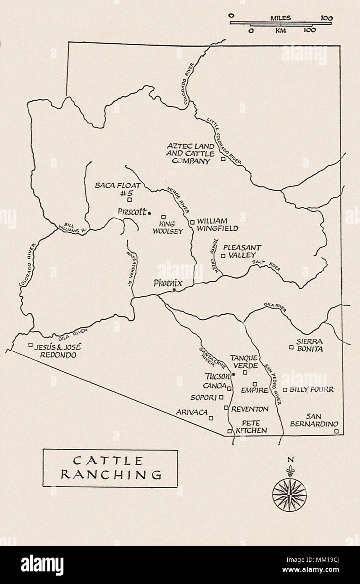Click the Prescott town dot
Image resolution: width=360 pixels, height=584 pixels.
pos(150,213)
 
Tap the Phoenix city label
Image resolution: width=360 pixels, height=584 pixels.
pos(168,283)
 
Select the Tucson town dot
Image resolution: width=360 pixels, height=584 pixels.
pos(234,374)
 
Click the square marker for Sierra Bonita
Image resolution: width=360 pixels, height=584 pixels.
pos(291,347)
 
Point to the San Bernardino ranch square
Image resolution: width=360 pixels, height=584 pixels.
pos(336,431)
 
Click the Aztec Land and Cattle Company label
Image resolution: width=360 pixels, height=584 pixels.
pos(190,153)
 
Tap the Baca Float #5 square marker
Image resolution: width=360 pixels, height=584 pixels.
pos(129,200)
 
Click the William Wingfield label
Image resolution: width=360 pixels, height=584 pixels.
pos(217,225)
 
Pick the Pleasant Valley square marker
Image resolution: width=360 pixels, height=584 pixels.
pos(223,255)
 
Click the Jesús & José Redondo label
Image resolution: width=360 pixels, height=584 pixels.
pos(58,351)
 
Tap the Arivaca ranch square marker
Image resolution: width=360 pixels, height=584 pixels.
pos(211,418)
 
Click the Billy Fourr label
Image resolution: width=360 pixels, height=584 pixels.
pos(312,390)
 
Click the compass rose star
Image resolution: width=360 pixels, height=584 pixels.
pos(289,495)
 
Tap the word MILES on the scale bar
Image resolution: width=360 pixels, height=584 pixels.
pos(281,18)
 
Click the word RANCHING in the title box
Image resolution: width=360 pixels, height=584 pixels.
pos(111,475)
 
